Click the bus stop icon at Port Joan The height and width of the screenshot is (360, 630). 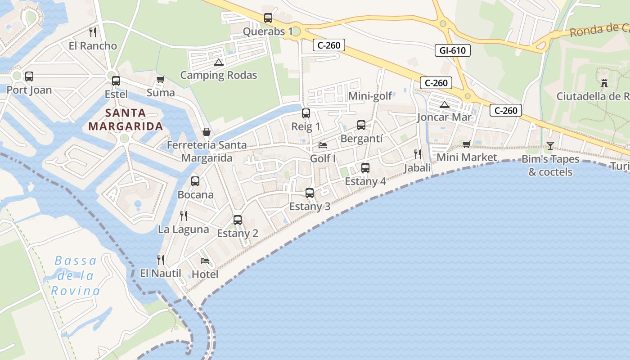29,76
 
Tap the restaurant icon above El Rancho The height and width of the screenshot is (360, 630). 93,32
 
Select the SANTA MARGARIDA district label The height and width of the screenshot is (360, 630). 126,119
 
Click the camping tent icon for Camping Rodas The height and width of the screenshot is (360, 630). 218,62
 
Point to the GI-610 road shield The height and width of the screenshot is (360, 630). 453,50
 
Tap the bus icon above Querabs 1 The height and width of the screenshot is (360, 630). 268,18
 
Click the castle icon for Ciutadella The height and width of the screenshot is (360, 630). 604,83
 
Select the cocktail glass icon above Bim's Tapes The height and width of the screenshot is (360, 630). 550,145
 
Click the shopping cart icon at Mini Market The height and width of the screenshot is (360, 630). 466,144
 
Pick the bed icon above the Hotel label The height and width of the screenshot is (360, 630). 205,261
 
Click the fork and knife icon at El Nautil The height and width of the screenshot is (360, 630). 160,260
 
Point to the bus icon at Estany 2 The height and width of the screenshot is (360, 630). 238,220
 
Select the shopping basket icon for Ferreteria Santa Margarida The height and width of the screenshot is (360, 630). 207,132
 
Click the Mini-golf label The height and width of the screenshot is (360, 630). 370,96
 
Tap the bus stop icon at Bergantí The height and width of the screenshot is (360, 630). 361,125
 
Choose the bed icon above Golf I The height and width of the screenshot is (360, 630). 323,145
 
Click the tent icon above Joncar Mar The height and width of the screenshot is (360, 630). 445,104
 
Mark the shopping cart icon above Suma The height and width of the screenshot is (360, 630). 161,79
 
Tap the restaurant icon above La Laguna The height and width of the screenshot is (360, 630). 184,216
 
